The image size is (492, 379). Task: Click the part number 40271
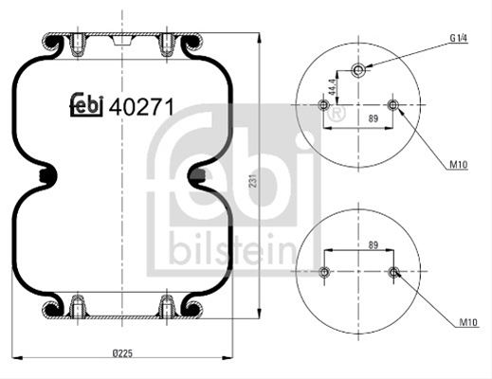(141, 107)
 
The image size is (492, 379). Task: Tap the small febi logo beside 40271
(86, 104)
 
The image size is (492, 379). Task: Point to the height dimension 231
(253, 180)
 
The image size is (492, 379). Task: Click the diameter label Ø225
(122, 352)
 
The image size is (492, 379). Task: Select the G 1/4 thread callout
(459, 38)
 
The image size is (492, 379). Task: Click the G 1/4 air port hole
(358, 69)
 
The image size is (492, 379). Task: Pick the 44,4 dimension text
(332, 87)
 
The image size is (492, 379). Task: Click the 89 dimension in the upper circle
(374, 118)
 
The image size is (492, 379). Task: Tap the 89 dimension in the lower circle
(374, 245)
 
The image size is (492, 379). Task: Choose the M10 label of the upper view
(459, 165)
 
